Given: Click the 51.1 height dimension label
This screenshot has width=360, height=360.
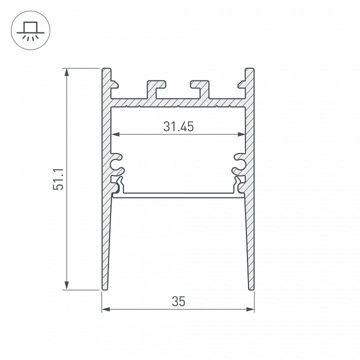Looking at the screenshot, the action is pos(58,179).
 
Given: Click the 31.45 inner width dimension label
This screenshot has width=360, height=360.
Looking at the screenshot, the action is pos(178,126).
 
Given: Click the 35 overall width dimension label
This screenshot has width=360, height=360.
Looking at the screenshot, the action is pos(178,301).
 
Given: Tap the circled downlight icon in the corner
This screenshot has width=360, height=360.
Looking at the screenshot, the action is pos(30,30).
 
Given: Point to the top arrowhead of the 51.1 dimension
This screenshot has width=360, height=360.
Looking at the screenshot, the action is pos(66,72).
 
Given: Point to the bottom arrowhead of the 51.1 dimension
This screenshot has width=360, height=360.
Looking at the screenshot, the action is pos(66,286).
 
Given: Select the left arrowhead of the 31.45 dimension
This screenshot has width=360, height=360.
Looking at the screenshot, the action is pos(115,134).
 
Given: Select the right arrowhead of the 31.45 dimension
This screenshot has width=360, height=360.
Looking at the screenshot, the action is pos(241,134).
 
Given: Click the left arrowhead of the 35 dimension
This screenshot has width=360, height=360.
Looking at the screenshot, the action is pos(106,309).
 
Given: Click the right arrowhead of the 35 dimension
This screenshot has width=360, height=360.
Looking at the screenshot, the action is pos(250,309).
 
